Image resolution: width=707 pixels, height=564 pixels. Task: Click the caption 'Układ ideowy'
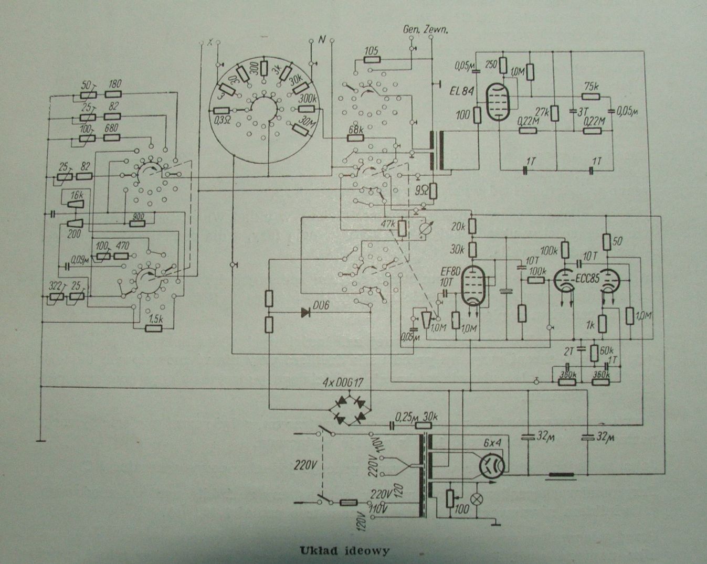click(345, 550)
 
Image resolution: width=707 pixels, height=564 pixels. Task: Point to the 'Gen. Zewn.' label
click(425, 30)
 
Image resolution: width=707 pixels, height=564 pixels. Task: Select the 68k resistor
click(356, 137)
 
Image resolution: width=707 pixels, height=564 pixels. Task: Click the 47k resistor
click(402, 228)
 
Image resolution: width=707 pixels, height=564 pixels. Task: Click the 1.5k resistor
click(154, 329)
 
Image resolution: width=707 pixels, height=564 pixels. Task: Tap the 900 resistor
click(138, 224)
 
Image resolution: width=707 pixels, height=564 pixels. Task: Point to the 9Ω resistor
click(433, 191)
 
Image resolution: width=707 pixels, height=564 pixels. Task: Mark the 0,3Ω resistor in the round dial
click(222, 111)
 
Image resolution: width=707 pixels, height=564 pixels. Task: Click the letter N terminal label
click(322, 40)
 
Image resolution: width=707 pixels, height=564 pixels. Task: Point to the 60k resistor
click(595, 352)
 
